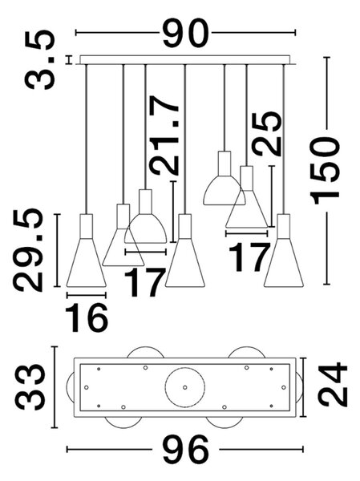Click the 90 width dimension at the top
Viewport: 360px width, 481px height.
click(x=185, y=33)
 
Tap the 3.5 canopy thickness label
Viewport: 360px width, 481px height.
click(x=40, y=60)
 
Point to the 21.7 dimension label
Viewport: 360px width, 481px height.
click(x=164, y=135)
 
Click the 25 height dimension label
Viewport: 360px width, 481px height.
click(x=266, y=134)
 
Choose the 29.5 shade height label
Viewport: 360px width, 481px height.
click(x=28, y=250)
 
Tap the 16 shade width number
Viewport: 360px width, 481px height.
click(x=87, y=317)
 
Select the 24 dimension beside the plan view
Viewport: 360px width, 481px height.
click(x=333, y=384)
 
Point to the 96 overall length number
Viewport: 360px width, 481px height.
click(x=185, y=450)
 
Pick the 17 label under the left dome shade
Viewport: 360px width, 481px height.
click(x=144, y=282)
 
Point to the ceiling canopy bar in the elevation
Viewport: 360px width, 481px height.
click(x=185, y=60)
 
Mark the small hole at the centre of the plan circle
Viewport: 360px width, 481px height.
click(x=184, y=387)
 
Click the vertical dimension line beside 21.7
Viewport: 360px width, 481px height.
click(x=173, y=212)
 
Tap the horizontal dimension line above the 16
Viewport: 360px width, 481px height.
click(x=87, y=295)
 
